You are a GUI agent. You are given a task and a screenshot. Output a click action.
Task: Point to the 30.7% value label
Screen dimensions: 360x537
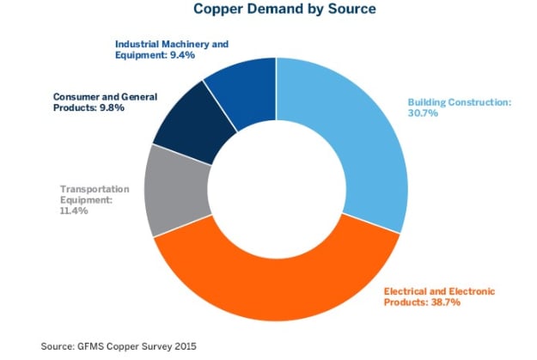pos(422,113)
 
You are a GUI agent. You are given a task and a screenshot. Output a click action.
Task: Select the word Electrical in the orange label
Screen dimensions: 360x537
pos(407,292)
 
